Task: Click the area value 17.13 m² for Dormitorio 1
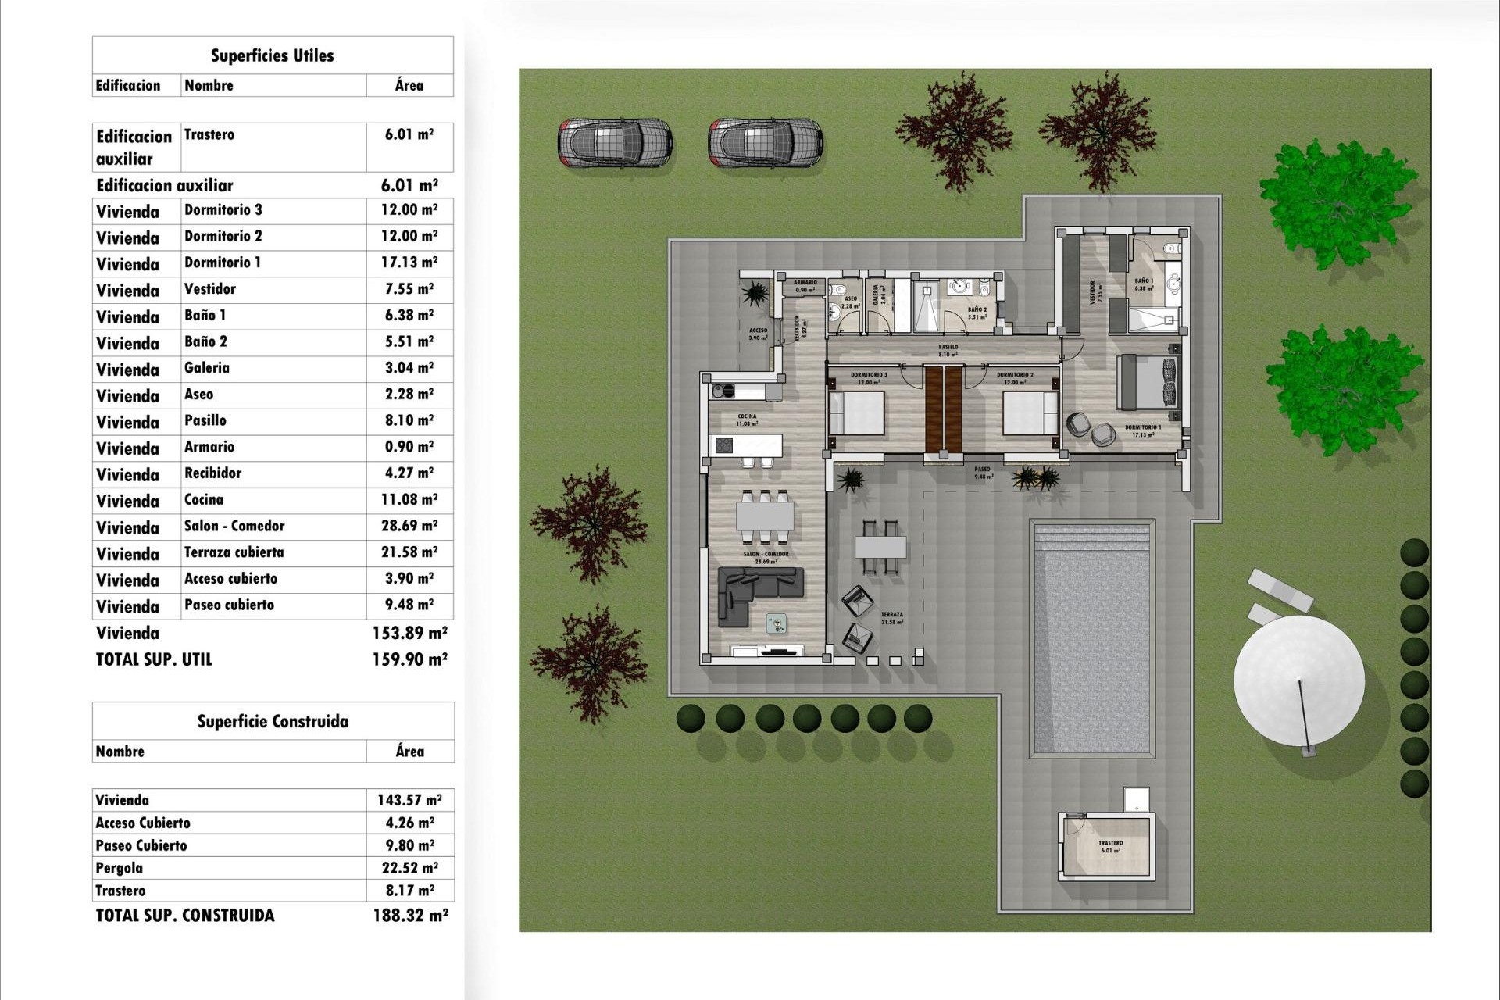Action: coord(409,262)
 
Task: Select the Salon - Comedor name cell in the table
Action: coord(234,526)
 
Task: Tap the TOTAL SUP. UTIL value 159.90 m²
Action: coord(409,659)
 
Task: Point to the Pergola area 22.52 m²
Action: coord(409,868)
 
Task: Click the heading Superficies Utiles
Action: coord(272,55)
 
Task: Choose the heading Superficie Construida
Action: coord(273,721)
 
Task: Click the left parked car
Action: coord(615,143)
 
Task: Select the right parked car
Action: coord(766,143)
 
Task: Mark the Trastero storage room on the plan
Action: coord(1109,847)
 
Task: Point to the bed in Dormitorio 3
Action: coord(857,413)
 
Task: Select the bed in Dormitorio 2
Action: coord(1030,413)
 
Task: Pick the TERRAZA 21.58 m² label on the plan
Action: coord(892,618)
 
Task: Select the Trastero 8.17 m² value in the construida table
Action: coord(409,891)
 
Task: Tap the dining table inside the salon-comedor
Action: coord(765,516)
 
